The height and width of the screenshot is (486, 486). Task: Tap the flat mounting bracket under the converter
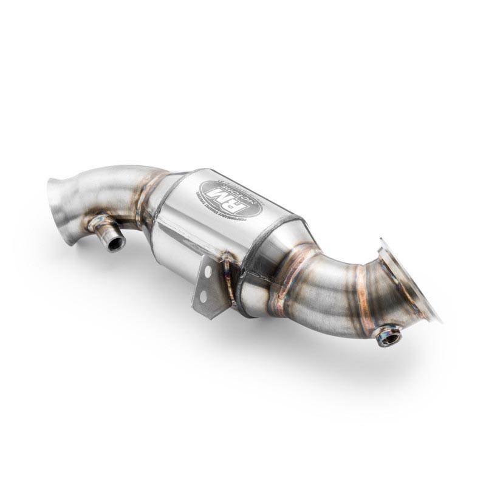(x=205, y=292)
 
